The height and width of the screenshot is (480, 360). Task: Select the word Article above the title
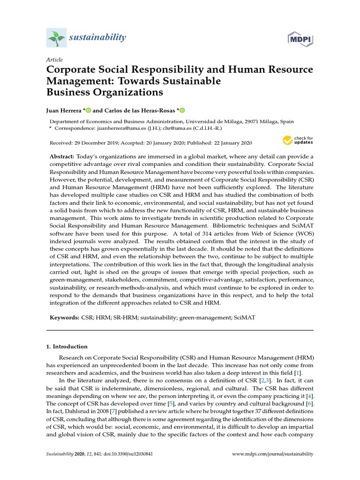point(54,60)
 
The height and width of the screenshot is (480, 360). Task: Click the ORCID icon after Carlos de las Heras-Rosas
point(182,111)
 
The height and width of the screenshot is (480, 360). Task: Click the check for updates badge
point(297,140)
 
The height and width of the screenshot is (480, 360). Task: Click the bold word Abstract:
point(62,156)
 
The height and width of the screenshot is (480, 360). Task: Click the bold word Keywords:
point(65,318)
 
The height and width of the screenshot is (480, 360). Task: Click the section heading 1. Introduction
point(67,346)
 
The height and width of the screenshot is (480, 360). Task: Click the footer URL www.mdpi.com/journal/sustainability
point(273,454)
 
